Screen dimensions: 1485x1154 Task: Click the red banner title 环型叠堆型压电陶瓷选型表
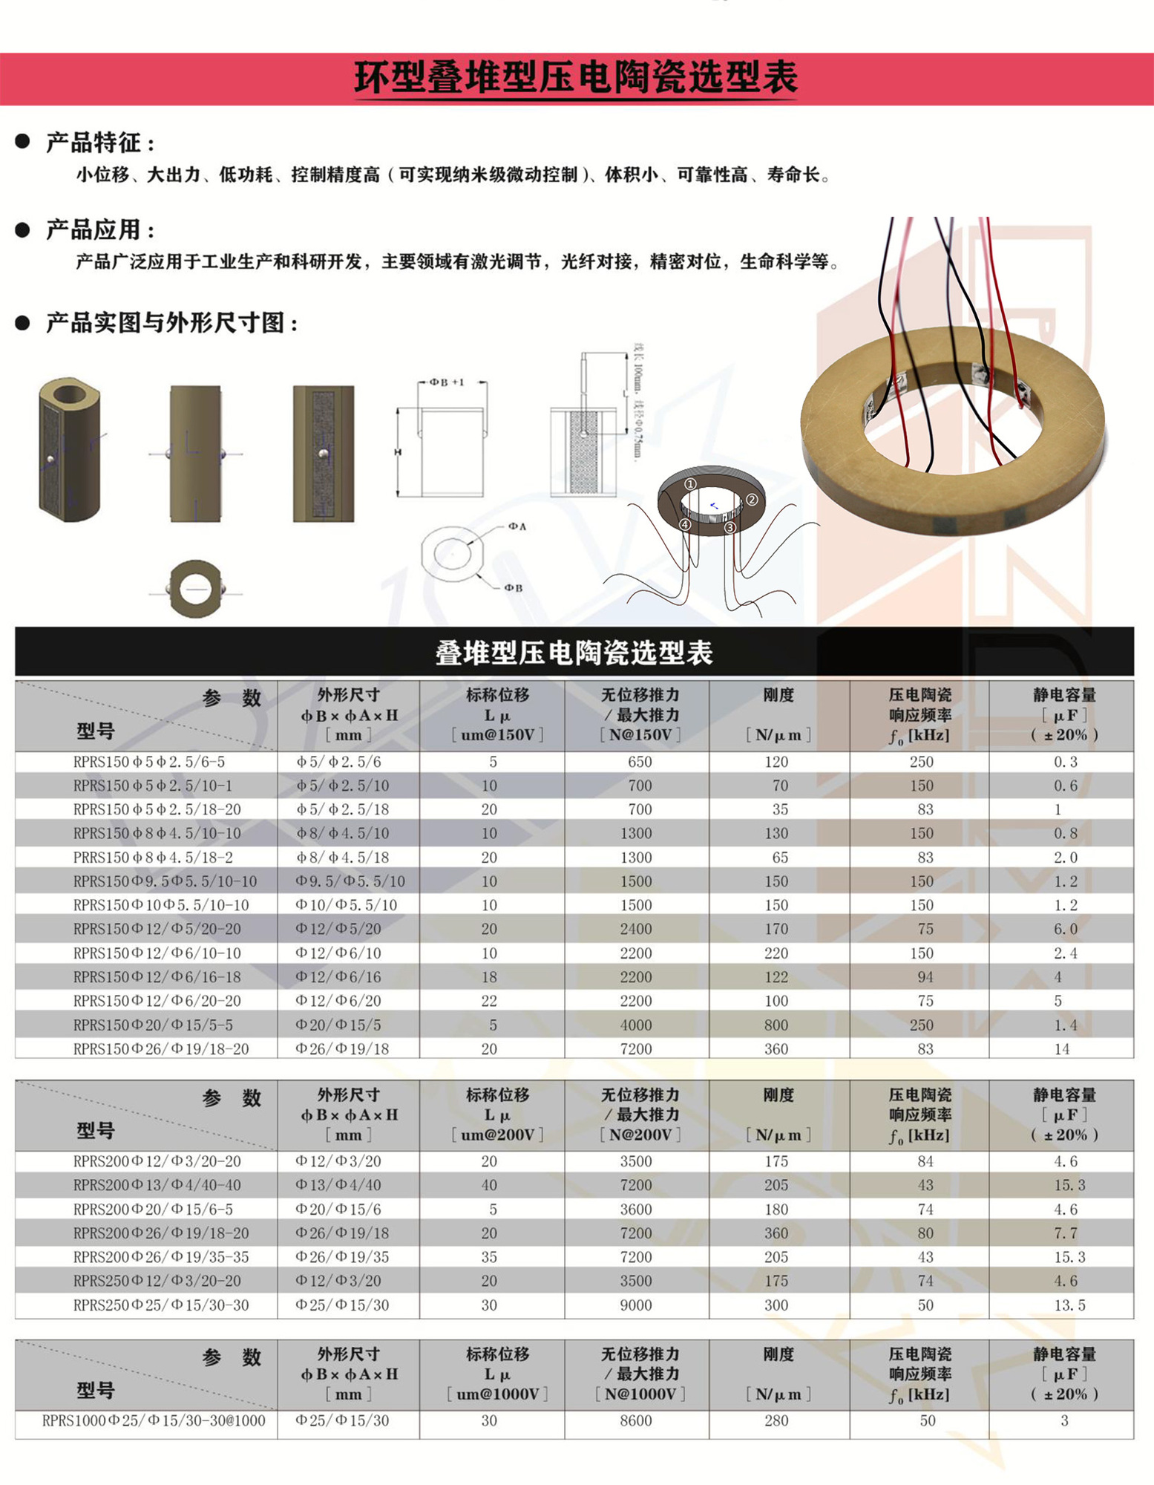576,78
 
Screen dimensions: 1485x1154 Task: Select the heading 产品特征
100,143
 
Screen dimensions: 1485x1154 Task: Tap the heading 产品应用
100,229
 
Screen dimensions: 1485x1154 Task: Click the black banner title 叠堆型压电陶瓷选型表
574,653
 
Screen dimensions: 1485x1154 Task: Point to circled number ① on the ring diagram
690,484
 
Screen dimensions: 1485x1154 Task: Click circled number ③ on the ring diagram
730,527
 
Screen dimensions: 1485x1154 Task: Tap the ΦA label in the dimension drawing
517,526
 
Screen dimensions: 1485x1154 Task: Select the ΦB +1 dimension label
447,382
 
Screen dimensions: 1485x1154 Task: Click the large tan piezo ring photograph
954,431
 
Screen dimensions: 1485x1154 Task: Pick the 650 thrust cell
639,762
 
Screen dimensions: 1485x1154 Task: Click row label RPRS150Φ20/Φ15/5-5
153,1025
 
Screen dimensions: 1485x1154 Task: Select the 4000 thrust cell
636,1025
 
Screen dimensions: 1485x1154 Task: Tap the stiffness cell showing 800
776,1025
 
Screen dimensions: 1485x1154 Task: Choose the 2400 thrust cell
636,929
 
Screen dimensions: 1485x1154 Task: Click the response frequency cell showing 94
925,977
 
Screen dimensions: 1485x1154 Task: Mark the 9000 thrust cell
636,1305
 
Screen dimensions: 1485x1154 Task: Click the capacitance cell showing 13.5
1069,1305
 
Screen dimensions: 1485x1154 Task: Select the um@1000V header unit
497,1394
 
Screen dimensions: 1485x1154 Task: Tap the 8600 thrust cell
636,1420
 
